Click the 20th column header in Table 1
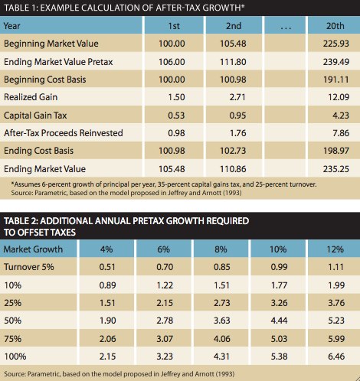(x=335, y=26)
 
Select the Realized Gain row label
(x=31, y=97)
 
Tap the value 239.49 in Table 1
(x=336, y=62)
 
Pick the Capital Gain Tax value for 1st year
(x=176, y=116)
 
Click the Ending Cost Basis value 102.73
(x=233, y=151)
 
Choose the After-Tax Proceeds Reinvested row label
(x=64, y=133)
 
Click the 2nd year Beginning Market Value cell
(x=233, y=44)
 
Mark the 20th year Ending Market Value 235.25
(x=336, y=169)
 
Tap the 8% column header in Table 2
(x=221, y=249)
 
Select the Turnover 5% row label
(x=29, y=267)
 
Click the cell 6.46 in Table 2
(x=336, y=357)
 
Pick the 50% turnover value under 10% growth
(x=279, y=321)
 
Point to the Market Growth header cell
(x=33, y=249)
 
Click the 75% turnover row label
(x=13, y=339)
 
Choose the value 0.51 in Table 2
(x=107, y=267)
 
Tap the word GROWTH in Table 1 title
(x=221, y=8)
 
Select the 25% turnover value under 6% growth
(x=165, y=303)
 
